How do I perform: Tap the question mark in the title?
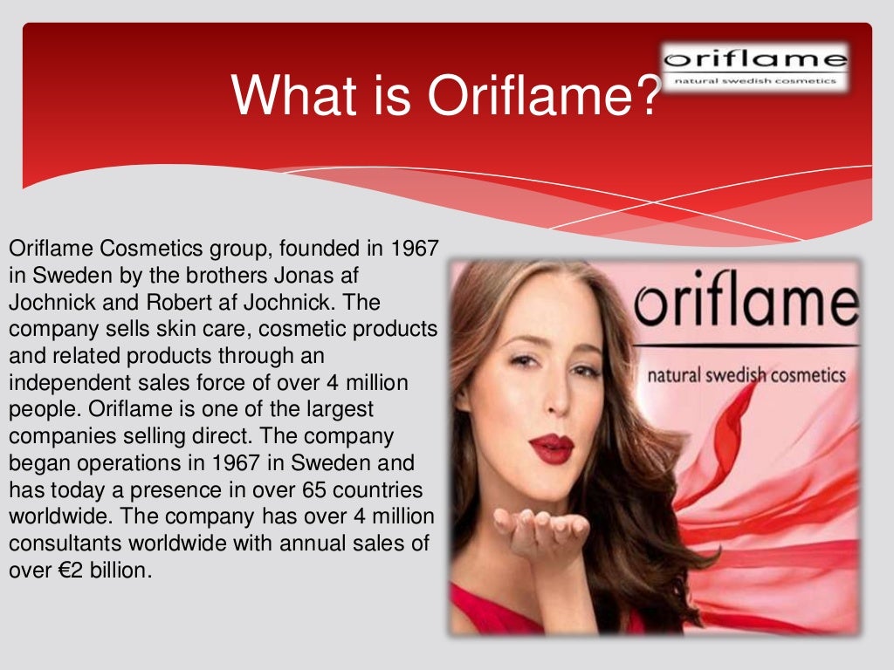point(643,96)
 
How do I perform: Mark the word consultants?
point(65,544)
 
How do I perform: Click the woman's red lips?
point(552,448)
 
